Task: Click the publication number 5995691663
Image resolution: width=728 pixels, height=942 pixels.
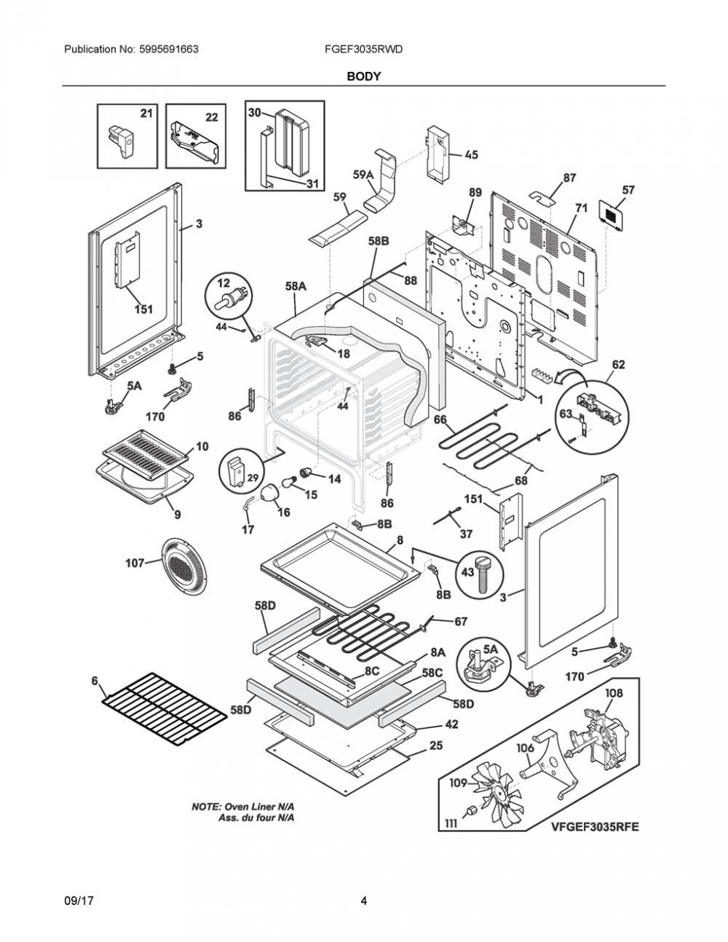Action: tap(169, 50)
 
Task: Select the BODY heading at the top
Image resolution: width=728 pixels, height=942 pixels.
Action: tap(364, 76)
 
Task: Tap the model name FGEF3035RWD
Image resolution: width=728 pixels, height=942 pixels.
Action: tap(363, 50)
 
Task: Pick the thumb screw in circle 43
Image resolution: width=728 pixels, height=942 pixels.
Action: tap(483, 575)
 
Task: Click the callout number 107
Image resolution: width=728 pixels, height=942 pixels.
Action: tap(135, 563)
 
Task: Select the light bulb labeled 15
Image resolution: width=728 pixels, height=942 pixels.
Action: tap(288, 482)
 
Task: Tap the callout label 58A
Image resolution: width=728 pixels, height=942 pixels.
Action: tap(296, 286)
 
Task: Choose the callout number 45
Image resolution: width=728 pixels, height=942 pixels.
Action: tap(472, 154)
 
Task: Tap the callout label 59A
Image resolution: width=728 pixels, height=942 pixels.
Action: tap(363, 174)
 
